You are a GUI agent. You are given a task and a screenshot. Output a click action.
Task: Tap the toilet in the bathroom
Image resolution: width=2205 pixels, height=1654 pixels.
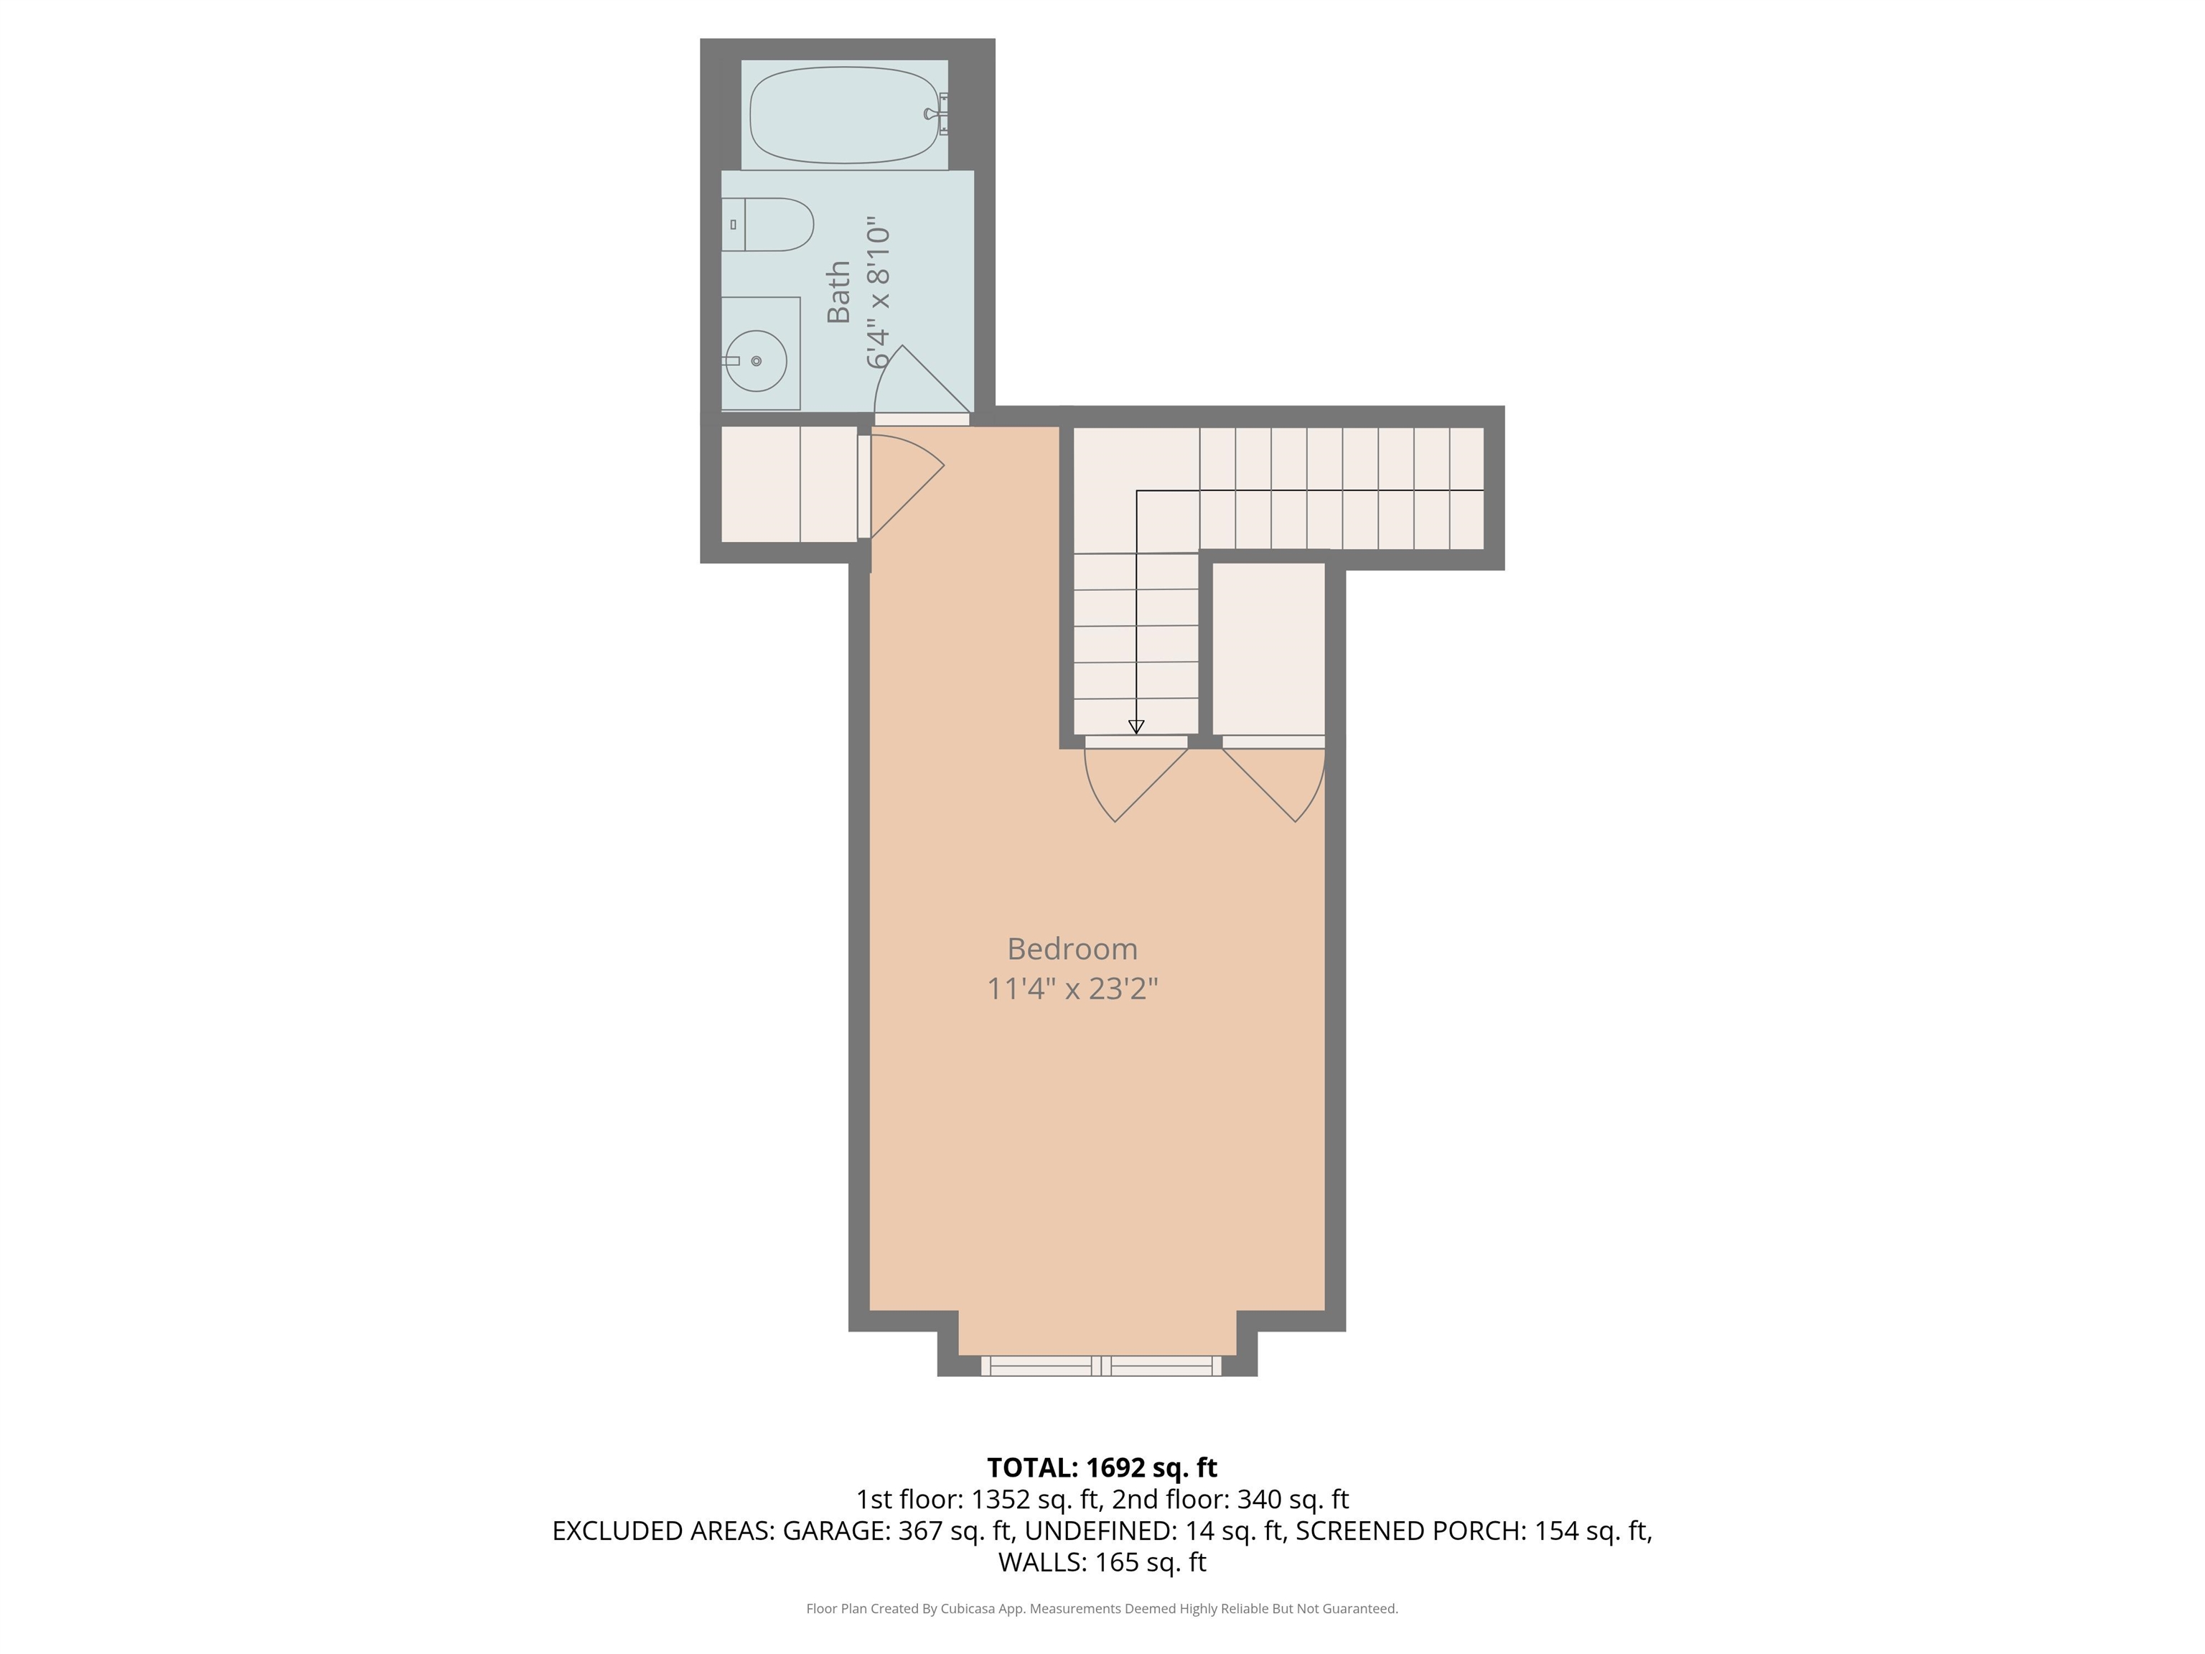(x=767, y=224)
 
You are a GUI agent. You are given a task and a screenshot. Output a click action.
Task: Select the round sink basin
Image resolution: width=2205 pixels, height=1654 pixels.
(x=757, y=361)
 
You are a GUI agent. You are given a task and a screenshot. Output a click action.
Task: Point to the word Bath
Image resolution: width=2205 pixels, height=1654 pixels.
(x=838, y=292)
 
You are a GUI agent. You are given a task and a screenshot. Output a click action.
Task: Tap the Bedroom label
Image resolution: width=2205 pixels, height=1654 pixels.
(x=1072, y=948)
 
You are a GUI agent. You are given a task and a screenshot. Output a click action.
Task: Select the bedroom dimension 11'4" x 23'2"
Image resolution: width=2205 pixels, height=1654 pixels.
(x=1072, y=988)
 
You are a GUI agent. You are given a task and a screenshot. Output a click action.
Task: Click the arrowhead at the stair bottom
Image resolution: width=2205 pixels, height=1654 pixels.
(x=1136, y=726)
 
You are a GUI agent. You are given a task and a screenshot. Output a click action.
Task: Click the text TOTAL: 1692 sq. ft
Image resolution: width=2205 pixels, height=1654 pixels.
(x=1102, y=1467)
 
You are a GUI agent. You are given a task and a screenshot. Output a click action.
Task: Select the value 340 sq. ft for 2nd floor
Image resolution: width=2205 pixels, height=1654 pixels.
(x=1293, y=1500)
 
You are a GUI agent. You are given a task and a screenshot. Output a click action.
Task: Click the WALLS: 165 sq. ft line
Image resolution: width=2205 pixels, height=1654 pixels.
(x=1102, y=1562)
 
